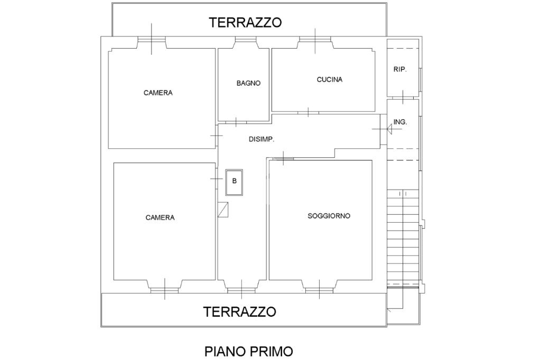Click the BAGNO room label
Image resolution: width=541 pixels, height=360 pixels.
(x=248, y=83)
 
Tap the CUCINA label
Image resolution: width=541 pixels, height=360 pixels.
(x=330, y=80)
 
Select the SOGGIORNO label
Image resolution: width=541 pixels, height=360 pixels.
(x=329, y=216)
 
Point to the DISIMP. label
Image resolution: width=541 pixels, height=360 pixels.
(x=262, y=139)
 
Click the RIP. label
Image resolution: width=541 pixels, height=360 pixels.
(x=400, y=69)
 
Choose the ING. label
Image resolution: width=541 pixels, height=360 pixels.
(x=400, y=122)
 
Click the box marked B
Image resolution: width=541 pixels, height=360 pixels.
(x=234, y=182)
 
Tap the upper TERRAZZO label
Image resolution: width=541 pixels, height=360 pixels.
(x=245, y=22)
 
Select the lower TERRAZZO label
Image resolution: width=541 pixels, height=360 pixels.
(x=240, y=312)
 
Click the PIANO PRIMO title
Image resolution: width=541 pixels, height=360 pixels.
(x=249, y=352)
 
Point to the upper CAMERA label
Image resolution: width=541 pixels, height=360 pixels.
(x=158, y=93)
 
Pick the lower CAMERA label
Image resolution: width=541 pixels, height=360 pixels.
(x=160, y=217)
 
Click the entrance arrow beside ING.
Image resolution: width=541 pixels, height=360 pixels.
(x=390, y=129)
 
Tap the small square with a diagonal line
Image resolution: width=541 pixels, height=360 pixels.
(x=223, y=210)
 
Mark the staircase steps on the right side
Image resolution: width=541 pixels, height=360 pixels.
(x=403, y=238)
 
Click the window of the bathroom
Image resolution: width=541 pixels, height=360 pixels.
(x=246, y=39)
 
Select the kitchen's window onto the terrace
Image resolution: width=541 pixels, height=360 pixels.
(x=315, y=39)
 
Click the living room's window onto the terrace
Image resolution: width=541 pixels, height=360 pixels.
(x=320, y=290)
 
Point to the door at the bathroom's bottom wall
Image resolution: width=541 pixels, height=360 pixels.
(x=236, y=122)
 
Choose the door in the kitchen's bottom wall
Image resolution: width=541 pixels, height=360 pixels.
(x=308, y=112)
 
